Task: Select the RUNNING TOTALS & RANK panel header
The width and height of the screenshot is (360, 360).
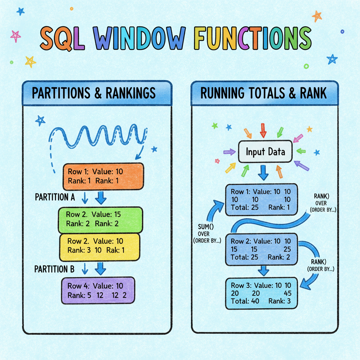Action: point(264,93)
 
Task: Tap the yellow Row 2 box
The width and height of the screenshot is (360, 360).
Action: point(100,246)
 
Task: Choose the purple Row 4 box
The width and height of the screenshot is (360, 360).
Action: point(98,290)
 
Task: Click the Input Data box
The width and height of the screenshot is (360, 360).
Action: point(265,152)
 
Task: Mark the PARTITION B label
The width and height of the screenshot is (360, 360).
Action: point(54,270)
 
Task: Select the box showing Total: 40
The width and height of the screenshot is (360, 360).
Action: point(261,293)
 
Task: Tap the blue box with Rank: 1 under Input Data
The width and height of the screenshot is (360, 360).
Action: point(261,200)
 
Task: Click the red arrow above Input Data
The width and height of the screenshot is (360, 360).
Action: point(263,130)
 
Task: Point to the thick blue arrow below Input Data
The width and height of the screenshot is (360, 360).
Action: point(262,172)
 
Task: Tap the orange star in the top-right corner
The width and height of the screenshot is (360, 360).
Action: point(317,16)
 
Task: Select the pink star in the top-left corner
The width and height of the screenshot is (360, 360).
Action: point(15,36)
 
